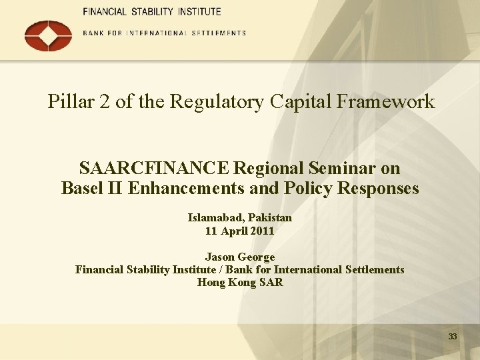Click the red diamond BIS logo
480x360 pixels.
(x=48, y=35)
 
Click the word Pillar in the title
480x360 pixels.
(x=69, y=102)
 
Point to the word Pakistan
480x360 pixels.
(x=271, y=217)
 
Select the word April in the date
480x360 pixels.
(x=234, y=231)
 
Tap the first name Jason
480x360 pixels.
(x=220, y=257)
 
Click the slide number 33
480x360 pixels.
(x=453, y=337)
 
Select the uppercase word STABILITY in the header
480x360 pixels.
(x=151, y=12)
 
